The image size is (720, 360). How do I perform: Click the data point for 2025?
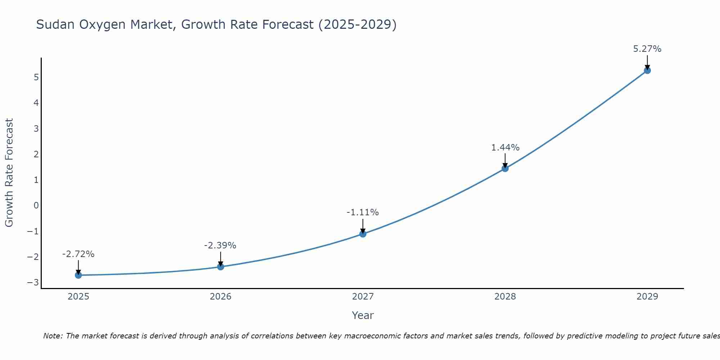(78, 275)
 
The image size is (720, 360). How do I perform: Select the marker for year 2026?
(221, 266)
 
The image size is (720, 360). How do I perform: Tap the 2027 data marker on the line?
(363, 234)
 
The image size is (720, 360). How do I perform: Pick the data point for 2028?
(505, 168)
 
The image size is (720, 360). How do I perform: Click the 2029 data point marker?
(647, 71)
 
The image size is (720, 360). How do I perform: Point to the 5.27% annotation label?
(647, 49)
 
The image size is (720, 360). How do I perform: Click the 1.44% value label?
(505, 148)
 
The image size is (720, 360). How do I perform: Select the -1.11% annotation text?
(363, 212)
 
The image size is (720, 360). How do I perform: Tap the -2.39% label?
(220, 246)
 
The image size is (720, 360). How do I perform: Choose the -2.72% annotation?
(78, 254)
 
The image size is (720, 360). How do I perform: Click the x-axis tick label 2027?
(363, 297)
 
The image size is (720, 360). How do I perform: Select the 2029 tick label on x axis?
(647, 297)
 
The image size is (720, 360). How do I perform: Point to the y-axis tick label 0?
(36, 206)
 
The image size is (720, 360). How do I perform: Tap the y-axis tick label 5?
(36, 77)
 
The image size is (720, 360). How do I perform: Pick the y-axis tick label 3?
(36, 129)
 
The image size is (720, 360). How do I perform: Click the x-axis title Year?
(363, 315)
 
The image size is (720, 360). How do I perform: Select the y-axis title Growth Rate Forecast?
(9, 173)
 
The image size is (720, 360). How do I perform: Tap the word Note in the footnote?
(53, 336)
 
